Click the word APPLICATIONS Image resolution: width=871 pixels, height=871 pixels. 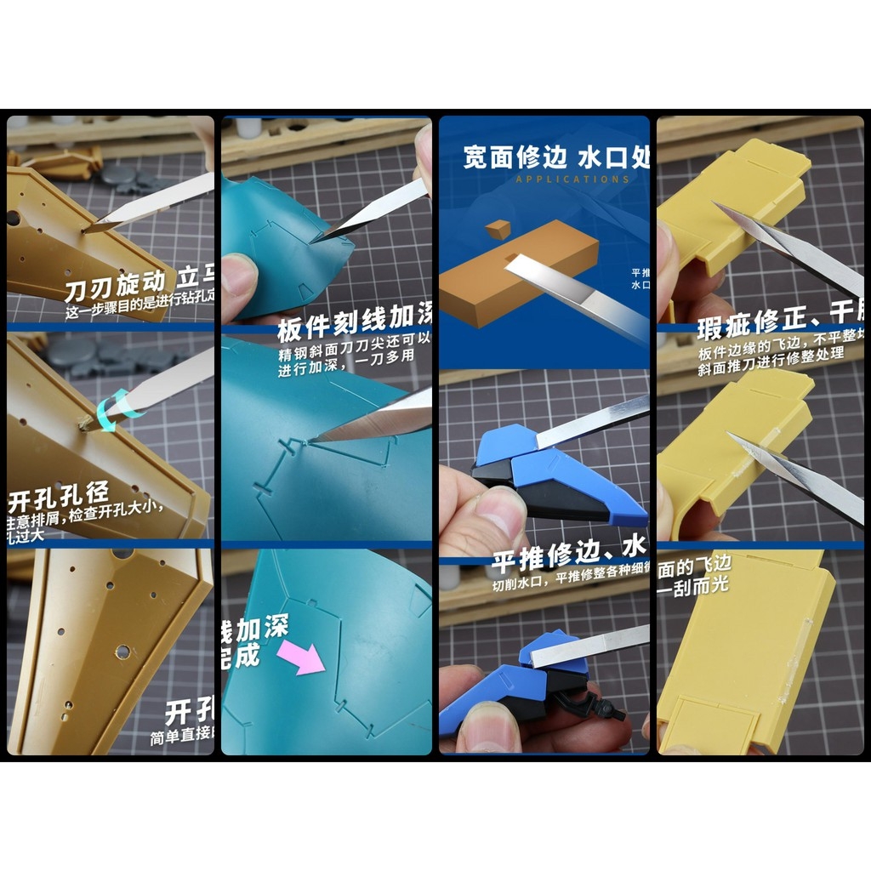click(572, 179)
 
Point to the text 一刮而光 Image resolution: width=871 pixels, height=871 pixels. click(692, 585)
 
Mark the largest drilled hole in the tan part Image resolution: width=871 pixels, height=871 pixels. click(122, 652)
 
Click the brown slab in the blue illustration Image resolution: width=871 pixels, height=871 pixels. click(519, 273)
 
